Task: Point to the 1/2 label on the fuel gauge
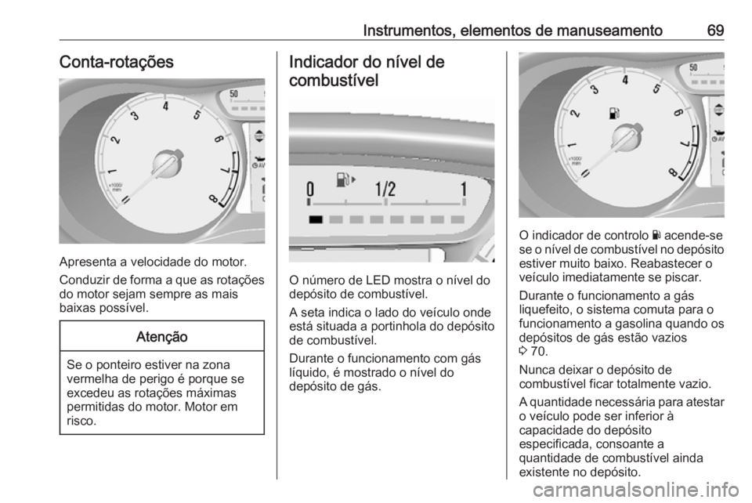tap(385, 190)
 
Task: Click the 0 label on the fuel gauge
tap(311, 190)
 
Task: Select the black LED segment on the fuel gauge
tap(316, 219)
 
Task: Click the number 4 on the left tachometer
tap(166, 107)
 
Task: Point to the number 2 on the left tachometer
tap(116, 142)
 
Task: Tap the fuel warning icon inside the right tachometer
tap(613, 113)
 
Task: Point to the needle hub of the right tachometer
tap(625, 138)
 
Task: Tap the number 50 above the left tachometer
tap(233, 93)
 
